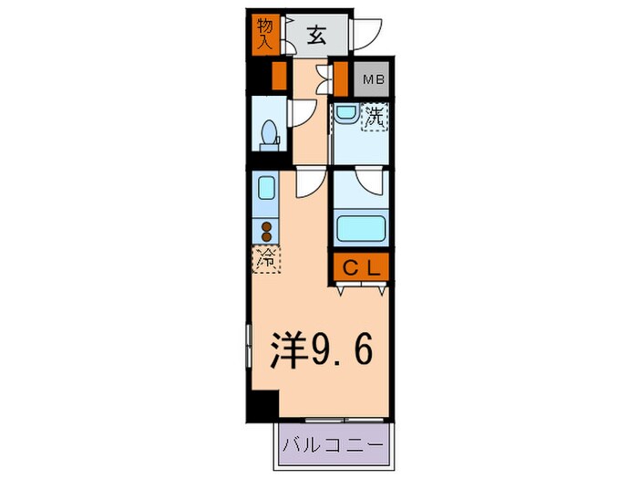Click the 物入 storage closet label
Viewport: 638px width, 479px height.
(x=265, y=34)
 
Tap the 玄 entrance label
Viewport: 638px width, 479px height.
(x=316, y=36)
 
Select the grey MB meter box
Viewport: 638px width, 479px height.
(x=374, y=79)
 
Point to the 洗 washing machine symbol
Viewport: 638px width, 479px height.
(x=375, y=117)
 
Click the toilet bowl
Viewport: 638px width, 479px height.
(x=268, y=136)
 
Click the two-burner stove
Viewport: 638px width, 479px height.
(x=267, y=231)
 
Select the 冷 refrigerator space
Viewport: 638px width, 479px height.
(x=267, y=260)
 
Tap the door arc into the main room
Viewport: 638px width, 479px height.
(x=308, y=182)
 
